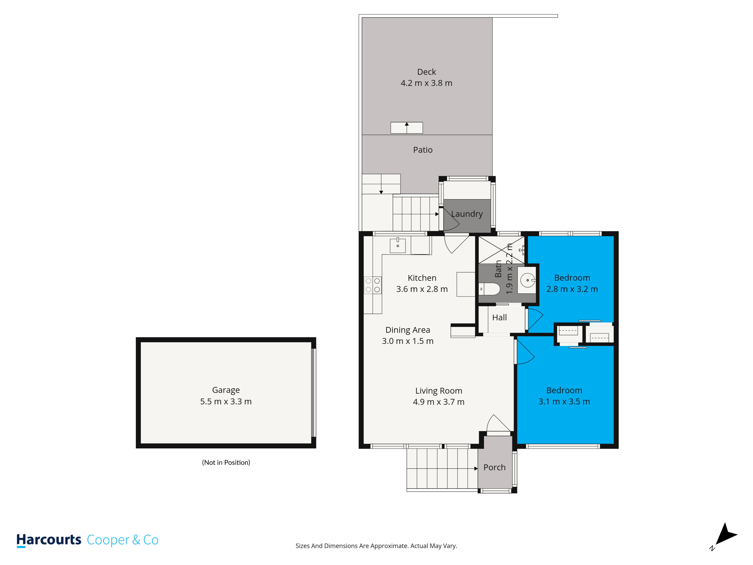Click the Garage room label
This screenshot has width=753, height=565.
pos(226,390)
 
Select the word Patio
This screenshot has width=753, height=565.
pos(423,150)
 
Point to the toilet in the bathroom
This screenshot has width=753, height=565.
pos(489,289)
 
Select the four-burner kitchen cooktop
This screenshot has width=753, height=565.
pos(373,285)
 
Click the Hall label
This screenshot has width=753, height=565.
pos(499,317)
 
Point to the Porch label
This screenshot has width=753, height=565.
pos(494,467)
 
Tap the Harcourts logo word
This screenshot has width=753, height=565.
pos(49,540)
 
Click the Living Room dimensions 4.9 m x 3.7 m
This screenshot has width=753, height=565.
pos(438,402)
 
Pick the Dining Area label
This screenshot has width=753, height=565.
pos(408,330)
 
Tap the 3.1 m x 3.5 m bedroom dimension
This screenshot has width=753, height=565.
pos(564,402)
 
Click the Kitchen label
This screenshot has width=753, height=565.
pos(422,278)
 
